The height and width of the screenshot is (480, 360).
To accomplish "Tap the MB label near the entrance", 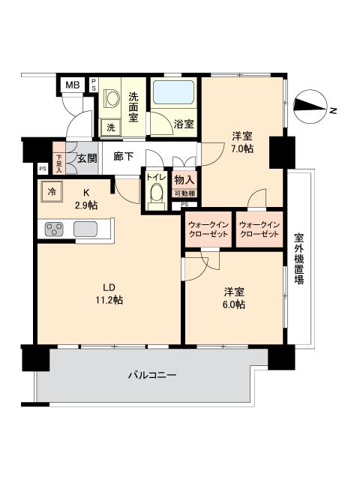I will (x=72, y=85).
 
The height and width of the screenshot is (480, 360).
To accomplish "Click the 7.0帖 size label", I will (x=241, y=148).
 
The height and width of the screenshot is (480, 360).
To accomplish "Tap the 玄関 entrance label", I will (x=87, y=157).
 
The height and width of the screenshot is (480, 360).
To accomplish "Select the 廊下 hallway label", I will (x=124, y=157).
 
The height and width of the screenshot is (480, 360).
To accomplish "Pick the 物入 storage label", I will (x=184, y=178).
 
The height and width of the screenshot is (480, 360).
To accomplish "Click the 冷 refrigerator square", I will (x=52, y=191).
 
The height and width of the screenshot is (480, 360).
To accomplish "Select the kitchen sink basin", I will (x=85, y=229).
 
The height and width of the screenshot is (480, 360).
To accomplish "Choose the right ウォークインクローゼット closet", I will (x=259, y=229).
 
